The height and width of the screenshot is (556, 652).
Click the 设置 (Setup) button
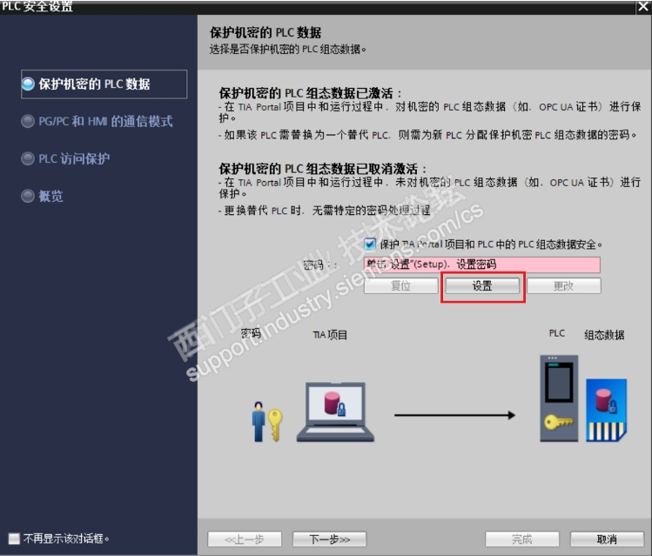click(x=482, y=286)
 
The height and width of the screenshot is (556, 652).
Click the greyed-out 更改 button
click(x=563, y=286)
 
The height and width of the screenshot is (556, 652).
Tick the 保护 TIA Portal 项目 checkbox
click(x=370, y=245)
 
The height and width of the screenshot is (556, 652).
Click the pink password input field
click(x=481, y=265)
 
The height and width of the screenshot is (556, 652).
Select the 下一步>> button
click(x=329, y=539)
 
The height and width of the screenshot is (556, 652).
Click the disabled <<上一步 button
click(x=244, y=539)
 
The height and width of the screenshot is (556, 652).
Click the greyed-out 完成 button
click(x=521, y=539)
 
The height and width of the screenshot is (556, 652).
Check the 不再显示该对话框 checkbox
click(x=13, y=538)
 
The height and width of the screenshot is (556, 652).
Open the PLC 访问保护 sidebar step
click(x=74, y=159)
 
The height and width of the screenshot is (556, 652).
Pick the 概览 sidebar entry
click(x=50, y=197)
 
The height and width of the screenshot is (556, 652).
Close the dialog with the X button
click(x=642, y=7)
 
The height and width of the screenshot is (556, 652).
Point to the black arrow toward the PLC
click(x=453, y=415)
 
